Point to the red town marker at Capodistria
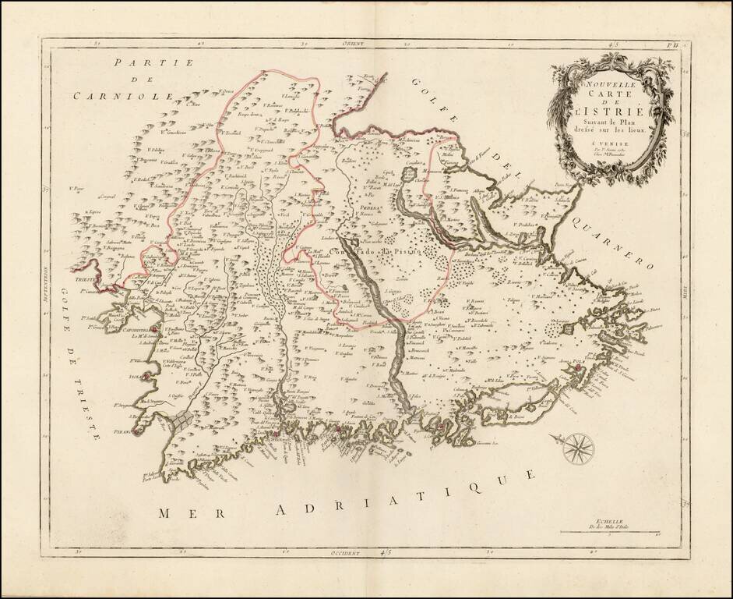154,330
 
